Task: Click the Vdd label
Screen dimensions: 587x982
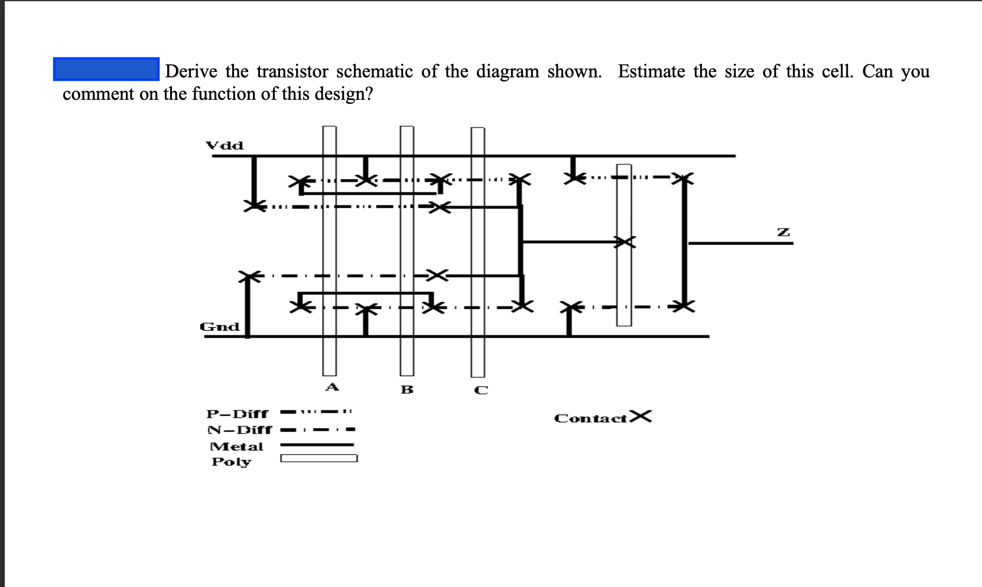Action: click(x=224, y=145)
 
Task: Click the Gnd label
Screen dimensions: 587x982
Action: click(x=220, y=327)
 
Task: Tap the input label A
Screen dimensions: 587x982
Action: click(x=332, y=387)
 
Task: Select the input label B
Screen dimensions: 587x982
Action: click(x=407, y=390)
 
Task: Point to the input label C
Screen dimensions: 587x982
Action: click(x=482, y=390)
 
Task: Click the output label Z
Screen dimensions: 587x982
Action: click(x=783, y=232)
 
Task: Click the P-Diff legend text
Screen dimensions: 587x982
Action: click(x=238, y=413)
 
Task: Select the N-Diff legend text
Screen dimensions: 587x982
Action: click(x=239, y=430)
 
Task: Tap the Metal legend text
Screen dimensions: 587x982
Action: click(x=237, y=446)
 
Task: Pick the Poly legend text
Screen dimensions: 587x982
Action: click(x=232, y=462)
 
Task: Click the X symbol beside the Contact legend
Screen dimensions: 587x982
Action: click(x=640, y=417)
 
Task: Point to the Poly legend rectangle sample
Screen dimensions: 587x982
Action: click(x=318, y=458)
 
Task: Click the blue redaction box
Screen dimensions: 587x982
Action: click(x=106, y=69)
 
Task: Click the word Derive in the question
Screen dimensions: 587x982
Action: click(x=191, y=71)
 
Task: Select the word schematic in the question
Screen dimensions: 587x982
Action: click(x=375, y=71)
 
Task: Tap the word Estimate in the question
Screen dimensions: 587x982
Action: click(x=652, y=71)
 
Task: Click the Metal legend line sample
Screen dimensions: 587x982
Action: click(x=317, y=445)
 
